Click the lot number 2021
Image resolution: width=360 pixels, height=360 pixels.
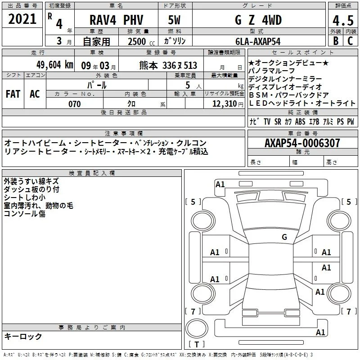coord(22,19)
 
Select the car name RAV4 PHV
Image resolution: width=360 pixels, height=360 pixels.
coord(116,20)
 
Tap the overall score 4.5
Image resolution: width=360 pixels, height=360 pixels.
coord(343,21)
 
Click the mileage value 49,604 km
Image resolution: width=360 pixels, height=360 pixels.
coord(55,65)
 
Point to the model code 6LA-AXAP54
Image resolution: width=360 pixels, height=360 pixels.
coord(258,41)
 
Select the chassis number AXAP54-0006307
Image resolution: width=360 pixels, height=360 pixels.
coord(302,143)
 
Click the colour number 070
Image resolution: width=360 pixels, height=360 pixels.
coord(75,104)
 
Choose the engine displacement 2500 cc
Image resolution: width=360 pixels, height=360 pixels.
coord(141,41)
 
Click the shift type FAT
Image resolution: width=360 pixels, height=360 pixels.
coord(13,94)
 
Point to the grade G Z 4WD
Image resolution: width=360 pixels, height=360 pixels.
coord(258,20)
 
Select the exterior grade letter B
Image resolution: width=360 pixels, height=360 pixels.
coord(336,41)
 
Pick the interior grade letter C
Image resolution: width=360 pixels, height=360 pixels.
coord(350,41)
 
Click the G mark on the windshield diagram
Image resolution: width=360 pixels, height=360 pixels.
coord(284,237)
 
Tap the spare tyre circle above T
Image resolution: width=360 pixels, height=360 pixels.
coord(197,328)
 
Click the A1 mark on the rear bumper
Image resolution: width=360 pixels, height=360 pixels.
coord(320,332)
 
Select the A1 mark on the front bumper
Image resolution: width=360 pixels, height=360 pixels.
coord(220,184)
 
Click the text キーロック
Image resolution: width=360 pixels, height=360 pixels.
coord(23,336)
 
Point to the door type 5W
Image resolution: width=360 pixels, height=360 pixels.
coord(174,20)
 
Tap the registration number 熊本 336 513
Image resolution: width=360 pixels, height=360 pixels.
coord(168,65)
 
